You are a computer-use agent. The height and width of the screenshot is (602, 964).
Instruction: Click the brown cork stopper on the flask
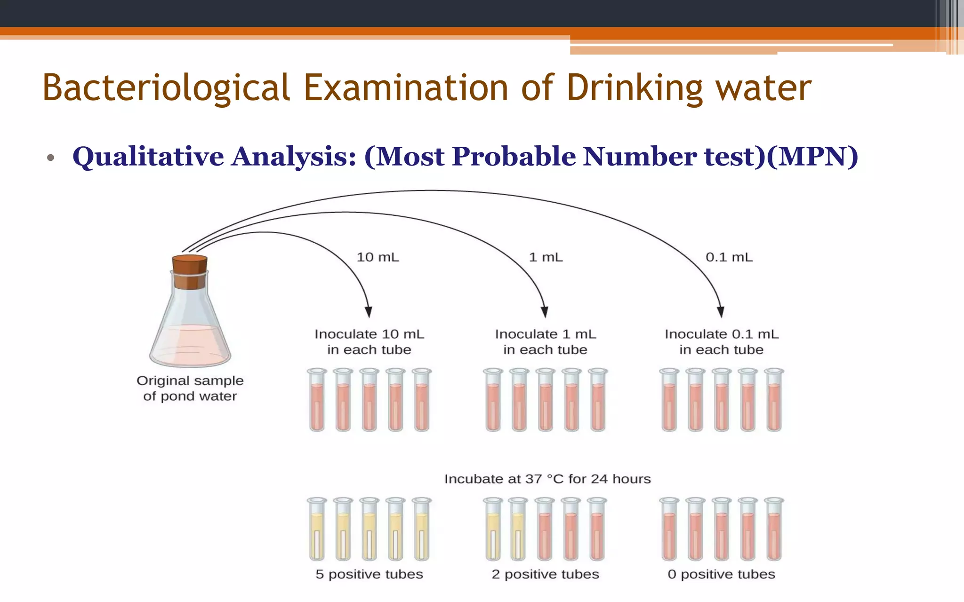click(189, 271)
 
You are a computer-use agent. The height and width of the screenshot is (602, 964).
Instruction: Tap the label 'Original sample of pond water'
click(190, 388)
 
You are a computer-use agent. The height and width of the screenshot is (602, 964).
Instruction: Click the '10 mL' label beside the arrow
click(378, 257)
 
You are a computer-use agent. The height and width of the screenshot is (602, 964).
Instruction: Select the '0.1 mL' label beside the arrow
click(729, 257)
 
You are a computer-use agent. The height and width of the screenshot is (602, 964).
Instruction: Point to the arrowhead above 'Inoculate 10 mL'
click(369, 312)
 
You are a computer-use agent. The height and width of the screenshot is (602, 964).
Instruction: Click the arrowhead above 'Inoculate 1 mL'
click(545, 312)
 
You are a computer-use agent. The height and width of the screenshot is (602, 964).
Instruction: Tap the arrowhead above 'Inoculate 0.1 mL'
click(721, 312)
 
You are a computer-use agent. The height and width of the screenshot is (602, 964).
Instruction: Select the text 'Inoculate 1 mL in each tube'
click(545, 342)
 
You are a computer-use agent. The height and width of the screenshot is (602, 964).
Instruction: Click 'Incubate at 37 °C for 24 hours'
click(547, 479)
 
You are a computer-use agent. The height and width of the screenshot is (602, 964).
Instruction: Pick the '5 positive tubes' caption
click(369, 574)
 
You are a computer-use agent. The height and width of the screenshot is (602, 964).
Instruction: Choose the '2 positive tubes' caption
click(545, 574)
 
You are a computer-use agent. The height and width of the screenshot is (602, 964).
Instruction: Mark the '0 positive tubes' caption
click(721, 574)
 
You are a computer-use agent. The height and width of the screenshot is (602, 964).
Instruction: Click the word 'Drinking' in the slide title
click(635, 88)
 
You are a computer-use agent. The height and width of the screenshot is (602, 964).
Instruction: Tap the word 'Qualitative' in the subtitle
click(148, 156)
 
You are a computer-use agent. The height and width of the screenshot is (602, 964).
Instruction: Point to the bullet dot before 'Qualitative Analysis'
click(51, 158)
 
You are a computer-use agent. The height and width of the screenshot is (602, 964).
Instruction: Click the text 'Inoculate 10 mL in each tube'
click(369, 342)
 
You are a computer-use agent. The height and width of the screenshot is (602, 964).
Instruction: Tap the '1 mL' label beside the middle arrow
click(546, 257)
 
